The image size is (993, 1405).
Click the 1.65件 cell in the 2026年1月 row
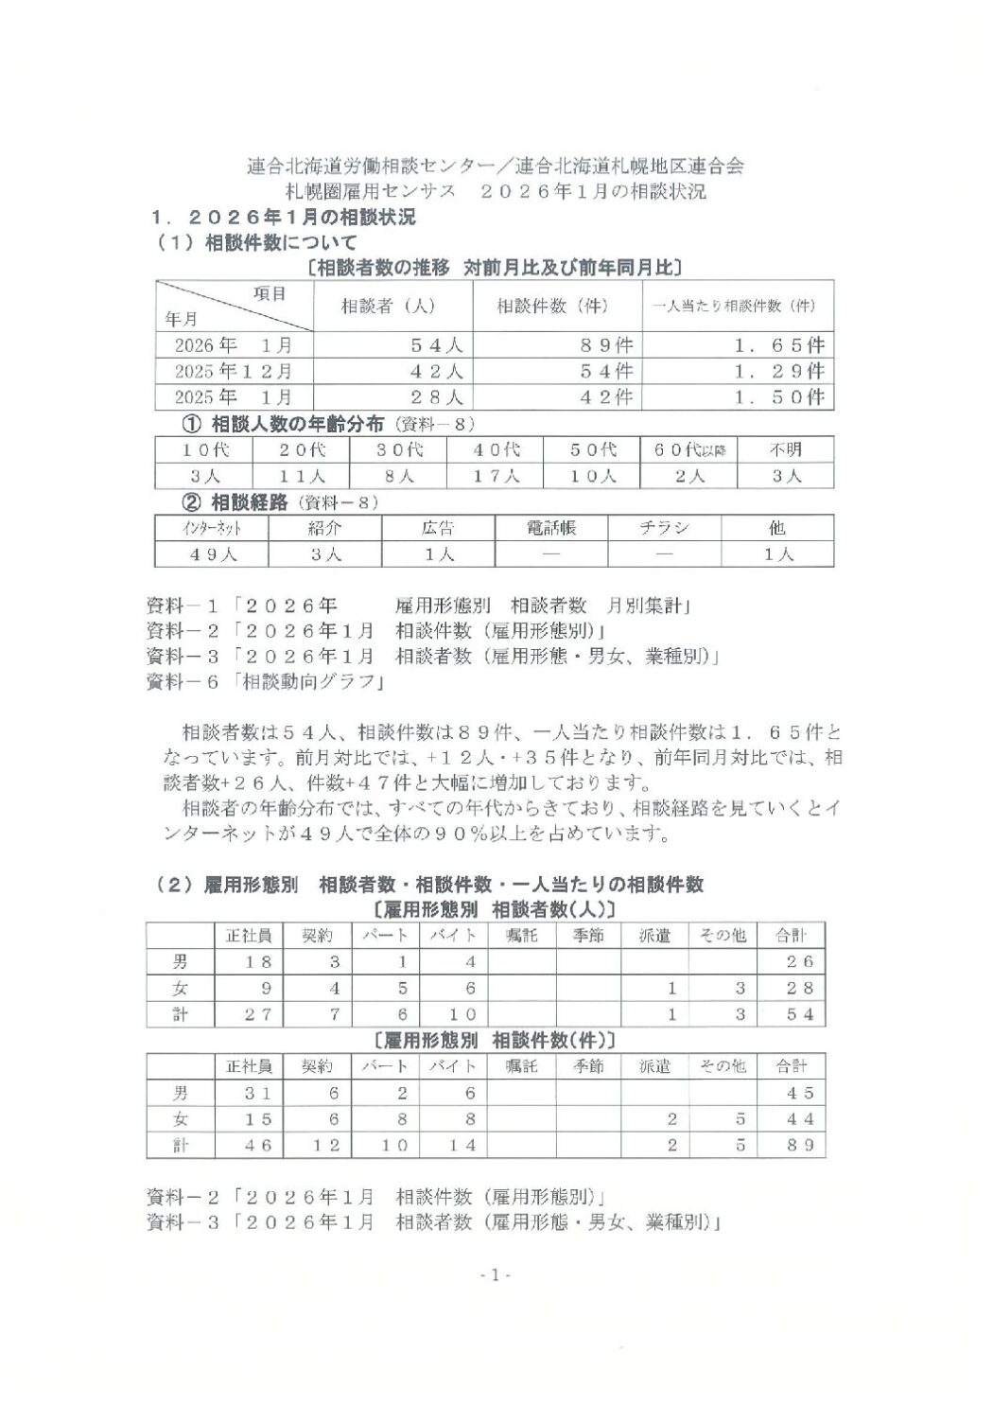pos(779,345)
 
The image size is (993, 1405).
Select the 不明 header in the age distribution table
pos(786,449)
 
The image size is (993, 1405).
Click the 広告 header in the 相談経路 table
pos(438,528)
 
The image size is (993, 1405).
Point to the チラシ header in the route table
pos(663,528)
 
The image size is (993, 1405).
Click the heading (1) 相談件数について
pos(257,242)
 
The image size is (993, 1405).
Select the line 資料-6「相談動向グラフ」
pos(270,680)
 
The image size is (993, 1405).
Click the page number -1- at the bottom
pos(495,1275)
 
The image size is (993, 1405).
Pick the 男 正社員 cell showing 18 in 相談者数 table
pos(249,961)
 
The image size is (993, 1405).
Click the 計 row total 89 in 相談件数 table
pos(792,1146)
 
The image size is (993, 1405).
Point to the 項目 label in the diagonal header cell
pos(270,293)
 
